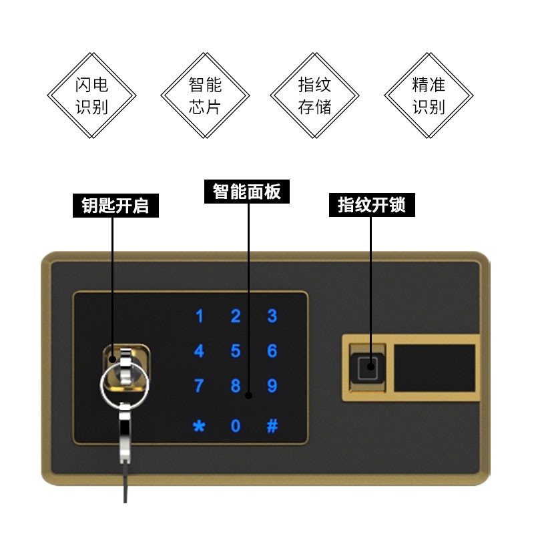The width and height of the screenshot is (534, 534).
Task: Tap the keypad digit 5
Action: (236, 351)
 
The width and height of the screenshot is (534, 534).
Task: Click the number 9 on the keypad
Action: (272, 386)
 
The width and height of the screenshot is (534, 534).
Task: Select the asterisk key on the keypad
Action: (199, 426)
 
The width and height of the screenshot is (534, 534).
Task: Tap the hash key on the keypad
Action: (272, 426)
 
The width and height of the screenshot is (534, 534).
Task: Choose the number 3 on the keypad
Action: (272, 316)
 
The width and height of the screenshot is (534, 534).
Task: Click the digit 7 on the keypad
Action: (199, 386)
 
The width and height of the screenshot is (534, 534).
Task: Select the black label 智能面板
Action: (247, 192)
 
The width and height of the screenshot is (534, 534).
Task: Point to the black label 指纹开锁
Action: (371, 205)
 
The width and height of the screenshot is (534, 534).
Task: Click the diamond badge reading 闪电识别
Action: (91, 95)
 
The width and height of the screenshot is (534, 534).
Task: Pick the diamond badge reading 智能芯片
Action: (204, 95)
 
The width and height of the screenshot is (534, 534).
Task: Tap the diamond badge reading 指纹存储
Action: (314, 95)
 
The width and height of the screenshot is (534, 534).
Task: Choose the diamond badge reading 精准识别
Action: (428, 95)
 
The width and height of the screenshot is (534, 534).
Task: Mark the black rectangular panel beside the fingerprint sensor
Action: (434, 368)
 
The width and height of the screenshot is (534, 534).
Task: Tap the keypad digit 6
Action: (272, 351)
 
